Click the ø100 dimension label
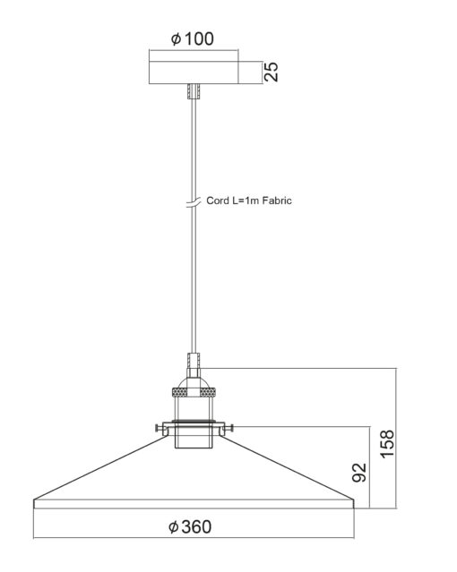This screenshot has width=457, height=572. tap(192, 38)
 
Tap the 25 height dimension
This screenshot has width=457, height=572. tap(271, 72)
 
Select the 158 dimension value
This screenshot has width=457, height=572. tap(387, 444)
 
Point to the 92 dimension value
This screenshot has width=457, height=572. tap(359, 473)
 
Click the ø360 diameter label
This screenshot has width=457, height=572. tap(190, 526)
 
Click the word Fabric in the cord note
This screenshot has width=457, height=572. tap(277, 201)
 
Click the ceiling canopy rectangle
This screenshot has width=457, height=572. tap(194, 73)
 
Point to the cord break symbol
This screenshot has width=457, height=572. tap(194, 203)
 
